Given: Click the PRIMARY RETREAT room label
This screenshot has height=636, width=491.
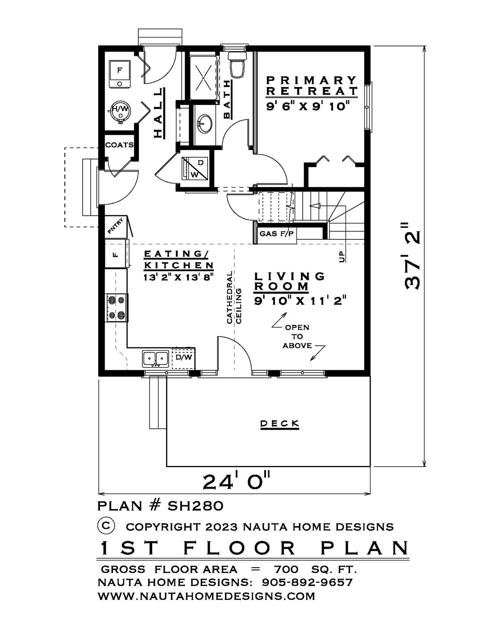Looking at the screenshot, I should click(311, 86).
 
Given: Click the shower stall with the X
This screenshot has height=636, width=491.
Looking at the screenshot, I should click(204, 77).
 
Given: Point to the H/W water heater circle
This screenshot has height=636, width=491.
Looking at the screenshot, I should click(120, 111).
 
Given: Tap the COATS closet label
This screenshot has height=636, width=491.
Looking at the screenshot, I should click(119, 145).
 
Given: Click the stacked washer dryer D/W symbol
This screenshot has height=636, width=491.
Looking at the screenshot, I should click(195, 168).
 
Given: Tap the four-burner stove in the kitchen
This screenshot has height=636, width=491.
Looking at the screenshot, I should click(116, 308).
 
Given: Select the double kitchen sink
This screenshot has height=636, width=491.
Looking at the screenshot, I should click(155, 358).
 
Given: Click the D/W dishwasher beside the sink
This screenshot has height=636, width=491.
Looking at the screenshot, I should click(183, 357).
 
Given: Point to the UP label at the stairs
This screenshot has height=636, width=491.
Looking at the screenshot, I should click(342, 257).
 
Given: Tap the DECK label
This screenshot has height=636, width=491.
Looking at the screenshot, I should click(279, 423).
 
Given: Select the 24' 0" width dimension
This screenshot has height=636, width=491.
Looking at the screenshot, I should click(237, 481).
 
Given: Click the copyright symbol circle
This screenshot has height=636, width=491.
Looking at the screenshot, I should click(106, 526).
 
